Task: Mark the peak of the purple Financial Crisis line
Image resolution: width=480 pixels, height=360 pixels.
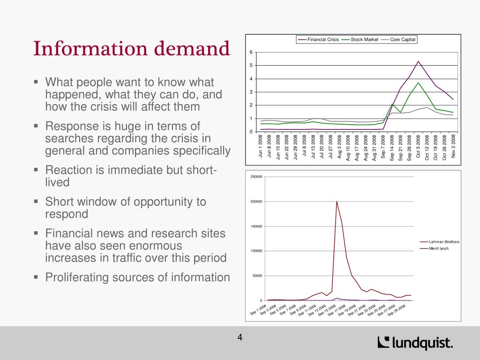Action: pos(418,61)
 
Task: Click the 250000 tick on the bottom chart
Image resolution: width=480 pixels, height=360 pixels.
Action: pos(256,177)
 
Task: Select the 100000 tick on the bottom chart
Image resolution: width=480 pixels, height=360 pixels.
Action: pos(256,251)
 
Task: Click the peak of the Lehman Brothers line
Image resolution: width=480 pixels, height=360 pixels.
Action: pos(337,202)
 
